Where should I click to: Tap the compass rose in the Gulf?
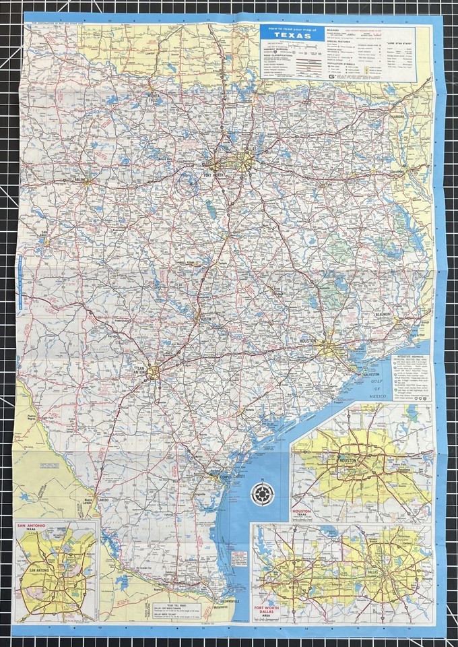click(262, 494)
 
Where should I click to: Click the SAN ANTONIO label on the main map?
click(139, 370)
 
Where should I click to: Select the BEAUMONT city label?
click(385, 315)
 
